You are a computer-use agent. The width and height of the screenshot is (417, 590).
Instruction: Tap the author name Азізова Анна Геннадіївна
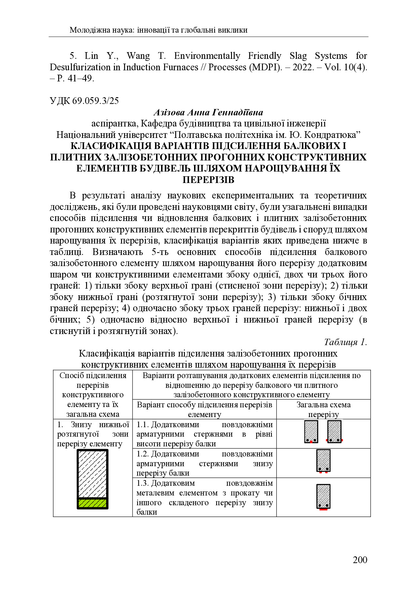click(x=208, y=112)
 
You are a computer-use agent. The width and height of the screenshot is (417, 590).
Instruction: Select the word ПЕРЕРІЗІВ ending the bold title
click(x=208, y=180)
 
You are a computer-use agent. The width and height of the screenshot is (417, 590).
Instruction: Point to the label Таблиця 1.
click(x=345, y=342)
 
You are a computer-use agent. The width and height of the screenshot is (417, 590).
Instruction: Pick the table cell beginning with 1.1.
click(x=204, y=434)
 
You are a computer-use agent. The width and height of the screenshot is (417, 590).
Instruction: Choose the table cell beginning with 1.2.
click(x=204, y=463)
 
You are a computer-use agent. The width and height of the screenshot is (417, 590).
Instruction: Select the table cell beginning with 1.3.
click(x=204, y=497)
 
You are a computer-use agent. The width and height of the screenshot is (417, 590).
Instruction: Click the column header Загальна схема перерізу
click(x=323, y=409)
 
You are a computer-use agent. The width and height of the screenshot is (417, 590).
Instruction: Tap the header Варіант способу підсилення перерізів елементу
click(x=204, y=409)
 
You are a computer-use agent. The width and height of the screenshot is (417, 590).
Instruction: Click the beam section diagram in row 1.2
click(x=324, y=460)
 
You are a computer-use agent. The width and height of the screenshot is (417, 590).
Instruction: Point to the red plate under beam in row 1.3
click(x=324, y=509)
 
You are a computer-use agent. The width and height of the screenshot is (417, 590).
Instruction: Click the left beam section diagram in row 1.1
click(x=311, y=431)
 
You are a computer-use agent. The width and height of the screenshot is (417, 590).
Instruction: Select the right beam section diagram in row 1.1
click(x=334, y=431)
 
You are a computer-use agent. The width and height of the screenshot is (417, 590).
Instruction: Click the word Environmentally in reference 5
click(x=207, y=56)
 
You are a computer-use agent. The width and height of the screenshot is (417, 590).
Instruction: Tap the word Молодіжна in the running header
click(x=86, y=30)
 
